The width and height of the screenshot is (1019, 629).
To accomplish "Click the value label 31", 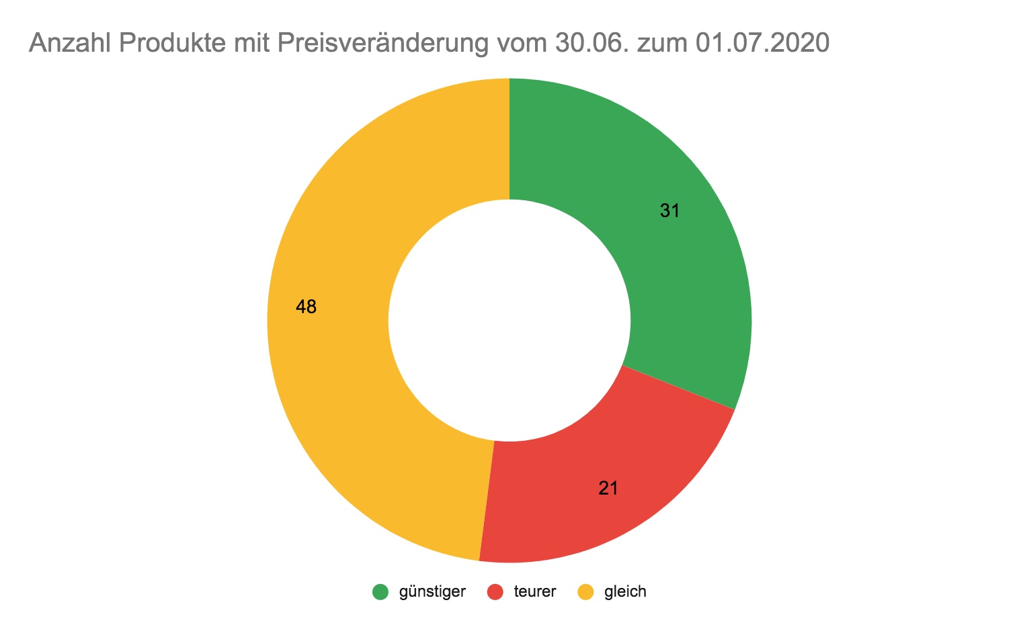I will (669, 211).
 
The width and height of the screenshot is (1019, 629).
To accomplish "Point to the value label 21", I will (608, 489).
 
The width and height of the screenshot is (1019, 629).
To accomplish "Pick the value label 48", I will (307, 307).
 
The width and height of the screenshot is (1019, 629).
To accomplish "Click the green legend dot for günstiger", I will (380, 592).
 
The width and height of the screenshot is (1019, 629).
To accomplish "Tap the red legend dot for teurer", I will (495, 592).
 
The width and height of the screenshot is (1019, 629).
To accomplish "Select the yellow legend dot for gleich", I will (586, 592).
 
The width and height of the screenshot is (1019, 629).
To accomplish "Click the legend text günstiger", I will (432, 592).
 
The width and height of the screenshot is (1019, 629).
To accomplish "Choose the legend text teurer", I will (535, 592).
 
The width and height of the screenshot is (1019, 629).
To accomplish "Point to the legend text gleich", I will (625, 592).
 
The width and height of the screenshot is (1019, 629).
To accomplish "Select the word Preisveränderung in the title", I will (382, 44).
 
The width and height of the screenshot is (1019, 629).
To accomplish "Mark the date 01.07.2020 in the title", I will (763, 44).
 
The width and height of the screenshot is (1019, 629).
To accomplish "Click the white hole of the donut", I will (509, 321).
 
